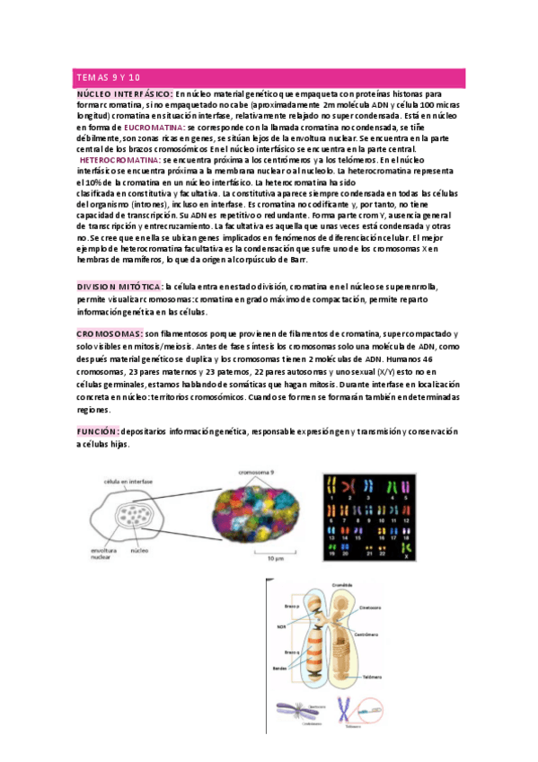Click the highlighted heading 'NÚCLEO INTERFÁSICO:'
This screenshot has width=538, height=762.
click(125, 93)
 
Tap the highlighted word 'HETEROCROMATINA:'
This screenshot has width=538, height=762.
click(122, 159)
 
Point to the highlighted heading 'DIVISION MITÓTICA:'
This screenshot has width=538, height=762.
click(119, 286)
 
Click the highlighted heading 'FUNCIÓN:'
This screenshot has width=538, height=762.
click(98, 431)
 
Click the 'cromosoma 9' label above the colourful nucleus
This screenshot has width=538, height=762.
click(258, 471)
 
